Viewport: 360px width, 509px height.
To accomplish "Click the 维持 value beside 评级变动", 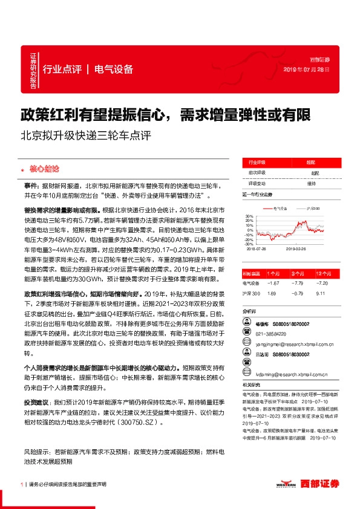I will (x=311, y=183).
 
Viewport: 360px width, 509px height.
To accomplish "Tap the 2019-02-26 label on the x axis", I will (x=295, y=248).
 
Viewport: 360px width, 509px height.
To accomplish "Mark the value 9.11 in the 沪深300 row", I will (x=321, y=293).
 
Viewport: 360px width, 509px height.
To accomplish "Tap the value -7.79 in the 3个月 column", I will (x=296, y=283).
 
